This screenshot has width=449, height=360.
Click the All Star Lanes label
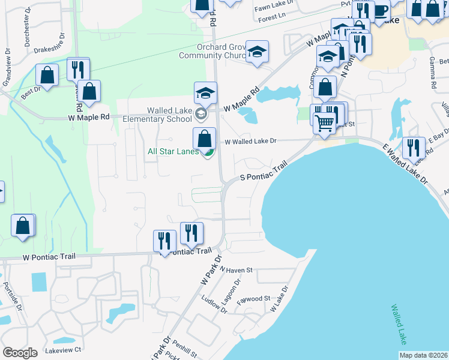(173, 151)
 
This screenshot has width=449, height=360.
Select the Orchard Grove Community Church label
(212, 52)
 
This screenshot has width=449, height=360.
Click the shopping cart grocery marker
(325, 123)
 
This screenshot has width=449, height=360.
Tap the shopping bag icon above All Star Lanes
(205, 138)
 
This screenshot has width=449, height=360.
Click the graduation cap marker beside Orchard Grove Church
(258, 52)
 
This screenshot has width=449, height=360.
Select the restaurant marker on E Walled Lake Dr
(413, 147)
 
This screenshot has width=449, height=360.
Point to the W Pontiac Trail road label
(49, 257)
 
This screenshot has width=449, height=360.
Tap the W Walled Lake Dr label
(250, 142)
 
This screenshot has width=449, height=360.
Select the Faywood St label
(253, 298)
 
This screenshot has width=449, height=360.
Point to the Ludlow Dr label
(214, 305)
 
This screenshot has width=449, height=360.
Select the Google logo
(20, 353)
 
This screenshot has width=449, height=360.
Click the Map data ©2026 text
(423, 355)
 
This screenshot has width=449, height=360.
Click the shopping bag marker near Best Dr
(47, 75)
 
